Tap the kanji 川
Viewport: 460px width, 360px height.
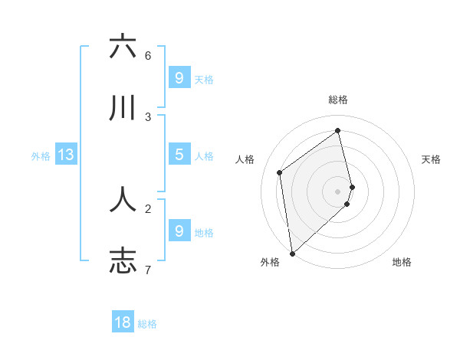123,109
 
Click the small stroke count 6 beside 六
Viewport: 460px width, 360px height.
148,56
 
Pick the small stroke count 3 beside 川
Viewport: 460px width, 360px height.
148,117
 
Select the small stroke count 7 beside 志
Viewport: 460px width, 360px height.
148,270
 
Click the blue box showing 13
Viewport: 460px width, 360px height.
66,155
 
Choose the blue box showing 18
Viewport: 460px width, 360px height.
123,322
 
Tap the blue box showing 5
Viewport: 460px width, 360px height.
179,155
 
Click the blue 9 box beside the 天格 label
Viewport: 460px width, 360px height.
179,77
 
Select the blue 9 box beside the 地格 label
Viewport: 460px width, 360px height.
179,231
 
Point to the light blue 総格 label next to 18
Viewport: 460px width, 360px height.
147,324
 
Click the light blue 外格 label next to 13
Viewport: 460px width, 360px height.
41,156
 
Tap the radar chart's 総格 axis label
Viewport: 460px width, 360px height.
338,100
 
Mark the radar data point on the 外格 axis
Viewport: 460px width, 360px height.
291,253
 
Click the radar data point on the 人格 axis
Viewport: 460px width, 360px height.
280,172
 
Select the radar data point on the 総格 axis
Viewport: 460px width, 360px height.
338,130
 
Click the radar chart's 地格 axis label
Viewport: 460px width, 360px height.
402,263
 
